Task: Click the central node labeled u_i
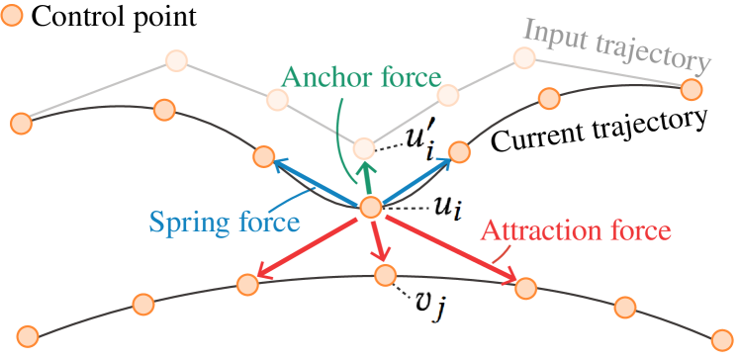[x=370, y=208]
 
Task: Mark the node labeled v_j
[x=384, y=274]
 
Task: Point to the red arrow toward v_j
[x=377, y=242]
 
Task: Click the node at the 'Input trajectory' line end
[x=691, y=89]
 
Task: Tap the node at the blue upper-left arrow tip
[x=263, y=155]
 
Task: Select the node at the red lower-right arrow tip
[x=525, y=287]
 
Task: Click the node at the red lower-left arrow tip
[x=247, y=283]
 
